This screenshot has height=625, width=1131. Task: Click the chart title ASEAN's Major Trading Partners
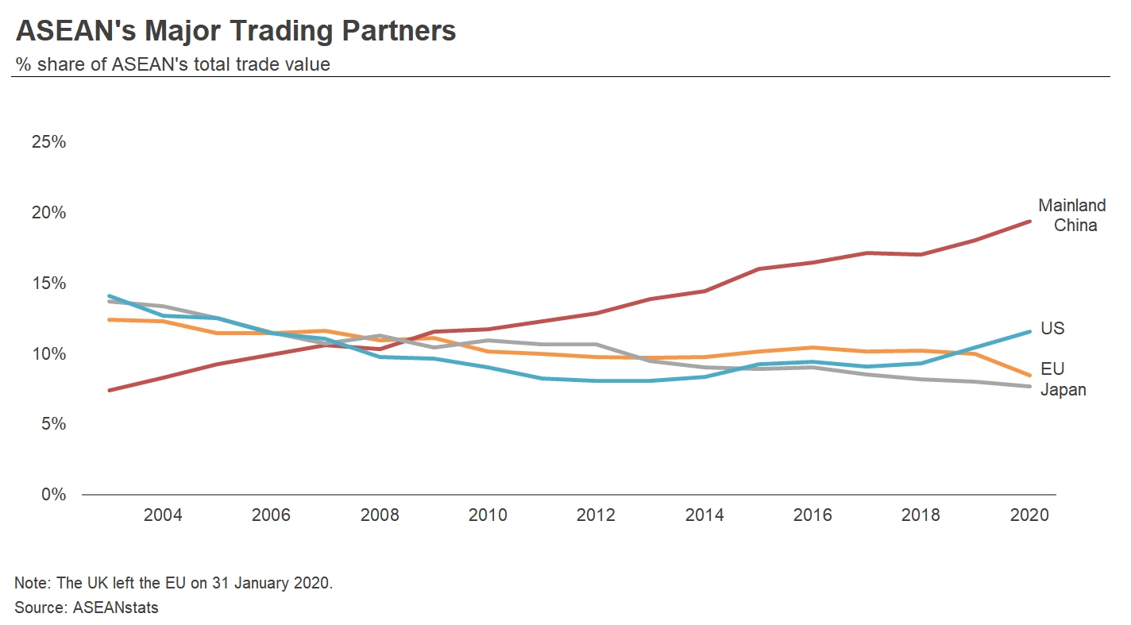tap(235, 31)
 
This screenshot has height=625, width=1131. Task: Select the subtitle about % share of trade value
tap(172, 64)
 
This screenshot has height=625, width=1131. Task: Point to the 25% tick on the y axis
tap(48, 142)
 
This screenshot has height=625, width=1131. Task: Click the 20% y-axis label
tap(48, 213)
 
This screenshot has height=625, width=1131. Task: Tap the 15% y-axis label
tap(48, 284)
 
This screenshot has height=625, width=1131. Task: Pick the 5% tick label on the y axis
tap(52, 424)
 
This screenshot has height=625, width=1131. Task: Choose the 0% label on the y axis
tap(52, 495)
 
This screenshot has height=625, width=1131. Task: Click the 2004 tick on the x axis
tap(163, 515)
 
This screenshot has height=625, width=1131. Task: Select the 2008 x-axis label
tap(380, 515)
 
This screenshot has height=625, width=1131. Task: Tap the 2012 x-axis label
tap(596, 515)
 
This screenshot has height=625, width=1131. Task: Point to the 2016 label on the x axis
tap(813, 515)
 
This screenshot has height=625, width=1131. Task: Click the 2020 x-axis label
tap(1029, 515)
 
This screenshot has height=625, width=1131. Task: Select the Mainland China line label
tap(1071, 215)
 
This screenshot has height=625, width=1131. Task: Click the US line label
tap(1052, 329)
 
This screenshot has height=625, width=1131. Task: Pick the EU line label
tap(1052, 369)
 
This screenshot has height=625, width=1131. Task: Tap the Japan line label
tap(1063, 390)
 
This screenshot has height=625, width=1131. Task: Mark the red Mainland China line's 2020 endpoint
tap(1029, 222)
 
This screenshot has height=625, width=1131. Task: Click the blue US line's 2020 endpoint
tap(1029, 331)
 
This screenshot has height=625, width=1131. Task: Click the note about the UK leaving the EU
tap(173, 583)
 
